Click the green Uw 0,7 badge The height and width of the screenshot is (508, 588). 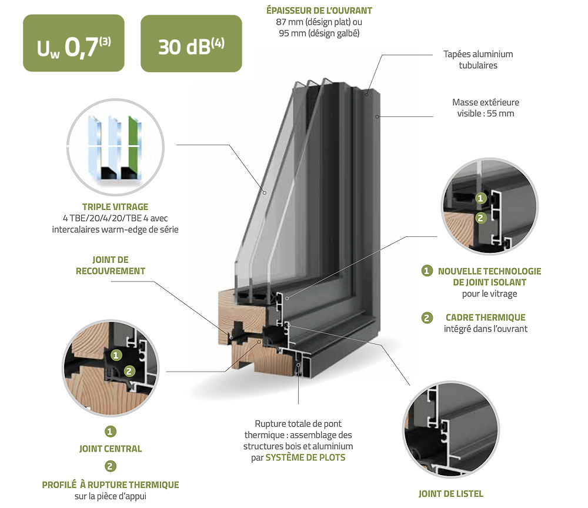pos(73,43)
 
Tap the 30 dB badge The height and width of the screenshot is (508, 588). pos(191,44)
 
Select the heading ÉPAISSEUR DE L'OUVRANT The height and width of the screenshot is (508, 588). pos(319,11)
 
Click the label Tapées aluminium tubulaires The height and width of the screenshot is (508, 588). pos(478,59)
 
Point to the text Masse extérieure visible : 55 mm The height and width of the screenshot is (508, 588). pos(486,108)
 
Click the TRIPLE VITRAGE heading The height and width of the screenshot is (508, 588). pos(115,207)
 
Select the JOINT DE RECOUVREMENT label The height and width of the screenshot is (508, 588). pos(111,265)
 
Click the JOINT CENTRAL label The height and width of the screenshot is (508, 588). pos(111,449)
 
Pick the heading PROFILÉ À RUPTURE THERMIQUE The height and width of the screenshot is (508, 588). pos(111,484)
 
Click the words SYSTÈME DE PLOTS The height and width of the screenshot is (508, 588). pos(306,457)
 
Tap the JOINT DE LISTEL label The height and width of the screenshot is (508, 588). pos(451,494)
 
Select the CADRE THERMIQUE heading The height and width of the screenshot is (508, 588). pos(486,317)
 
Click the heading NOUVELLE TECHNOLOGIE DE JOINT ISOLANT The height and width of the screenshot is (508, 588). pos(489,277)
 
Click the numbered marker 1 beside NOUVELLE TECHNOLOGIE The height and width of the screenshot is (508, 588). pos(427,270)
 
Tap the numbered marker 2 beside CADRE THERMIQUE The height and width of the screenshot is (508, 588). pos(427,318)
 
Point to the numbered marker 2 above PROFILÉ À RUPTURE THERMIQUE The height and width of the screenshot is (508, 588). pos(111,466)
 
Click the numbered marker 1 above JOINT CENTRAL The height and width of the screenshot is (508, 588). pos(111,432)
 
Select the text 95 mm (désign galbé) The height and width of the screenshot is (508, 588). pos(319,34)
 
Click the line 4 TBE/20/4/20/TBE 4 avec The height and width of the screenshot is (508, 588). pos(115,218)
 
